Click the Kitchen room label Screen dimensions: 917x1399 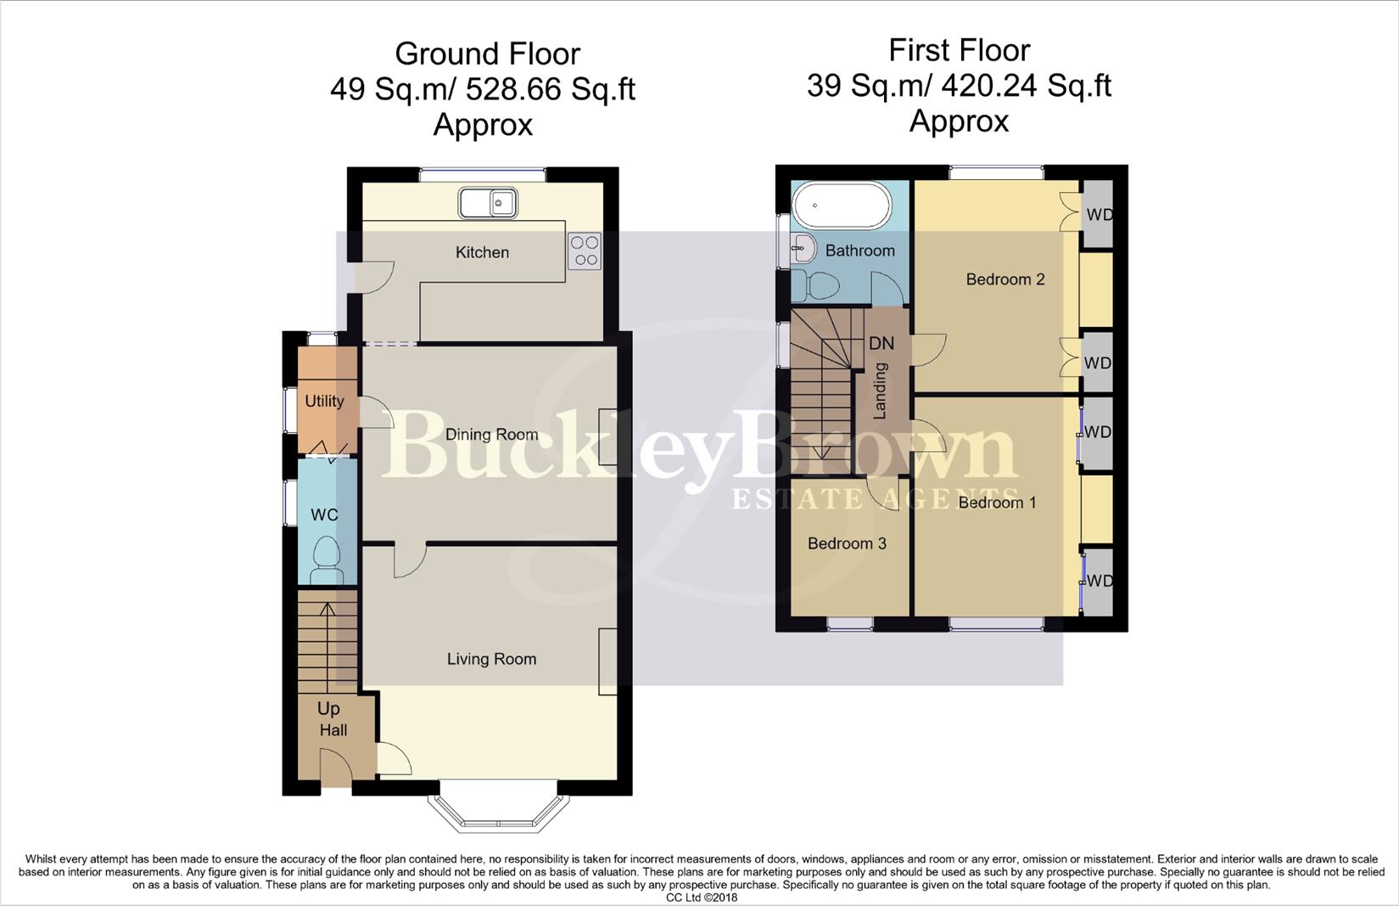tap(482, 252)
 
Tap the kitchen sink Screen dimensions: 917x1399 tap(488, 203)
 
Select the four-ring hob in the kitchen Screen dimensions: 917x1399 tap(585, 250)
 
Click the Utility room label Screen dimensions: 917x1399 tap(324, 401)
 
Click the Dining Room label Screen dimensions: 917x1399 tap(492, 435)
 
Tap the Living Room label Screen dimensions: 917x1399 tap(492, 659)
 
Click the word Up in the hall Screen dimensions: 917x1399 tap(328, 708)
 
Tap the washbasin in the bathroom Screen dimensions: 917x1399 tap(802, 249)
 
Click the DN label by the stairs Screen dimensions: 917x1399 tap(881, 343)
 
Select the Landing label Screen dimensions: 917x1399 tap(881, 391)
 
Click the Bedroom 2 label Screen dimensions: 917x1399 tap(1005, 279)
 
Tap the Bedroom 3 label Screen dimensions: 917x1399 tap(847, 543)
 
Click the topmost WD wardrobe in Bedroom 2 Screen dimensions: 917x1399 tap(1099, 215)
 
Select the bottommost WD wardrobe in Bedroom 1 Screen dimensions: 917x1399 tap(1099, 582)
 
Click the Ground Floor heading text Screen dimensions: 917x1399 tap(487, 54)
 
